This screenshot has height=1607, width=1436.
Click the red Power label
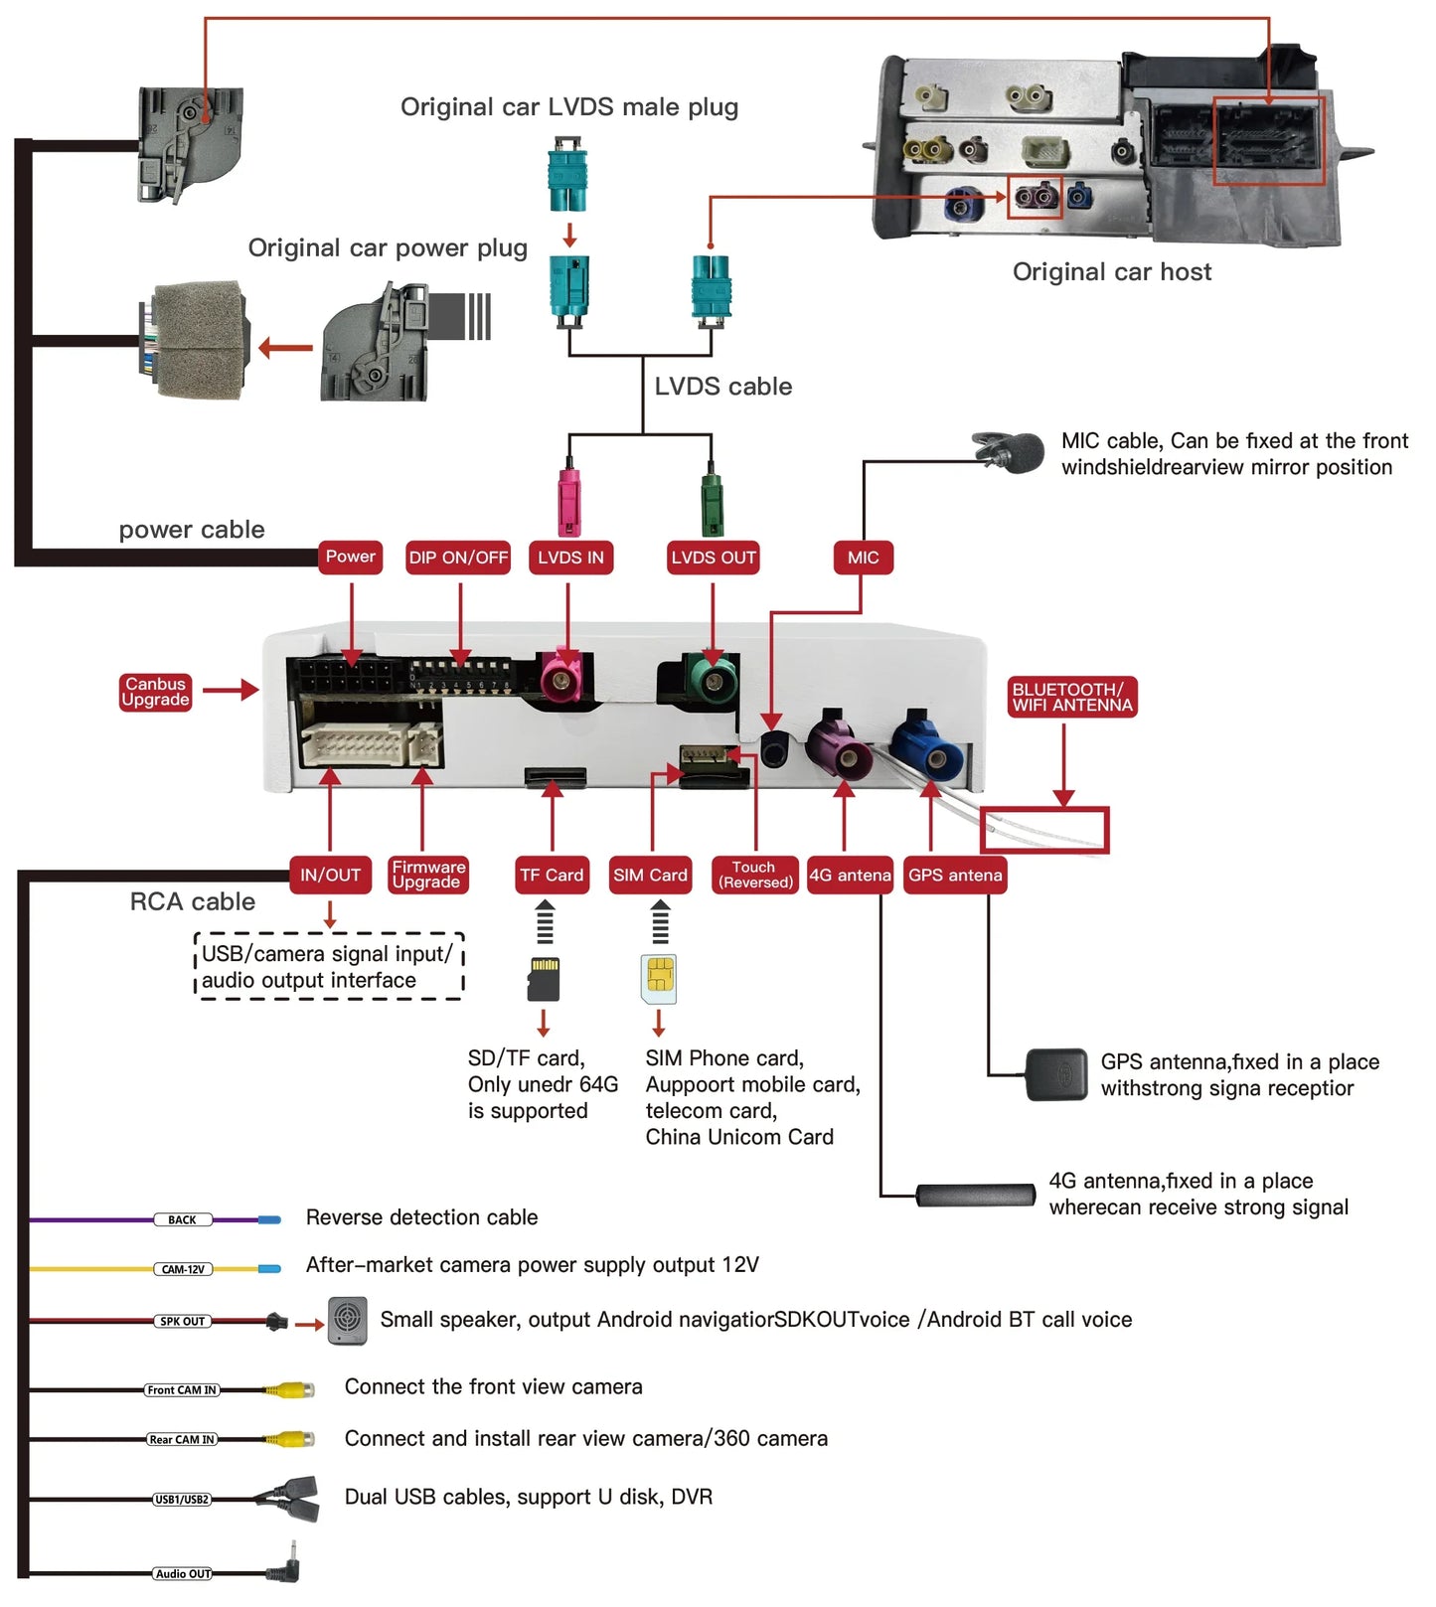coord(350,557)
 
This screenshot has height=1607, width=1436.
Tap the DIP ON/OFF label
coord(458,558)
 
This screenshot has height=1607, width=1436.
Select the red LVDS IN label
coord(570,558)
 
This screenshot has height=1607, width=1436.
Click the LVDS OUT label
coord(714,558)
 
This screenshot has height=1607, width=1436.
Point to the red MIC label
coord(863,558)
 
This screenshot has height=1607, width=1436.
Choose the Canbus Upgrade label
coord(155,692)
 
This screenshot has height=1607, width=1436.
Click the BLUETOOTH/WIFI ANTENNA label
coord(1072,697)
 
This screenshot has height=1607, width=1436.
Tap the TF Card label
coord(552,875)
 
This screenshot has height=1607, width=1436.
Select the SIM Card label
coord(650,875)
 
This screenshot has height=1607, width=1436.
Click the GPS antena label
coord(955,875)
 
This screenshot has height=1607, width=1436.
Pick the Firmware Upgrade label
coord(427,875)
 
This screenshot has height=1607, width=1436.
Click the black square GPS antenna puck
coord(1056,1074)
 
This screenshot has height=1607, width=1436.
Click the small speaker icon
coord(347,1321)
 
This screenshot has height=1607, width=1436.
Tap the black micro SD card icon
coord(544,979)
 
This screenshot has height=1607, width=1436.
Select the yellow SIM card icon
coord(659,979)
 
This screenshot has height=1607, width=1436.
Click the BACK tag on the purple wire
coord(182,1219)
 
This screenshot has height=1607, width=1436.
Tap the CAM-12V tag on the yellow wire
coord(183,1269)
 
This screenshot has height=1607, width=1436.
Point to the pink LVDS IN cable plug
coord(568,501)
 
